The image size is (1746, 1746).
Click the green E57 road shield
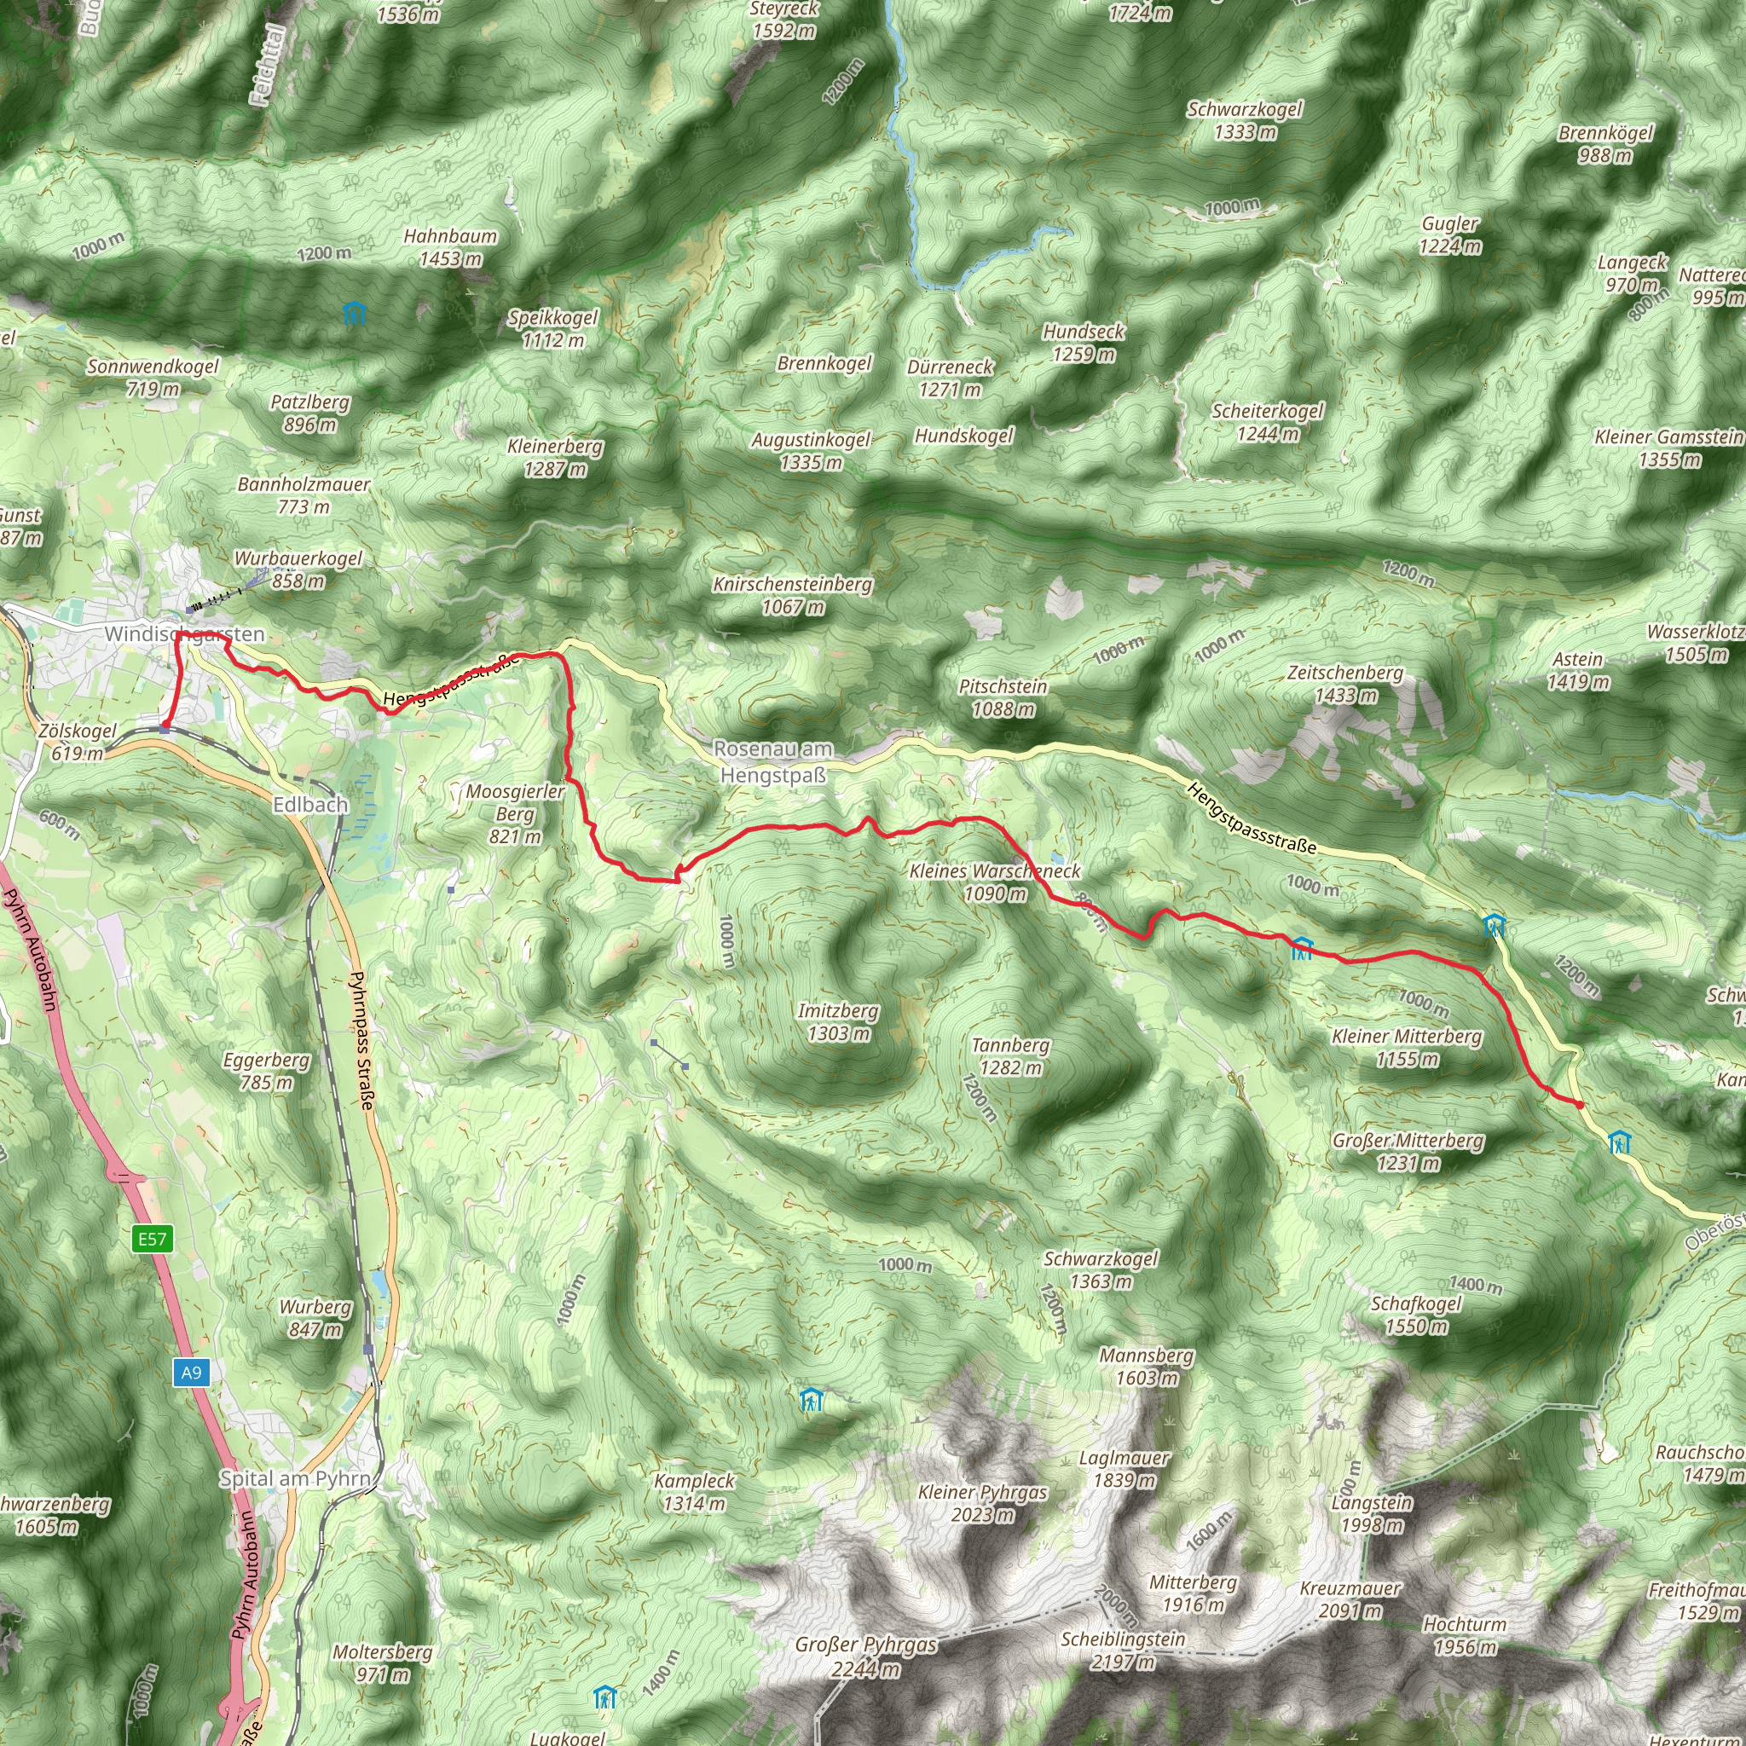pos(152,1238)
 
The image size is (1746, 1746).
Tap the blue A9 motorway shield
pos(191,1373)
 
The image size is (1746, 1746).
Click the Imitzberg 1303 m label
pos(838,1021)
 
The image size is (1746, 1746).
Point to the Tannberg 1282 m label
pos(1009,1056)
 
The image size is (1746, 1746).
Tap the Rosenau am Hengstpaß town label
pos(772,762)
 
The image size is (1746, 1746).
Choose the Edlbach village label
pos(310,803)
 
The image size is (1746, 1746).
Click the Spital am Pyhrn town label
pos(296,1478)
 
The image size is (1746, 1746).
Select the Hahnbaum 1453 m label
pos(450,247)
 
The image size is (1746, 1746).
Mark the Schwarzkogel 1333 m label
pos(1245,120)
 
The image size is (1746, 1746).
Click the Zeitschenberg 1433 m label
pos(1344,683)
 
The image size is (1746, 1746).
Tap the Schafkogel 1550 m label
pos(1415,1315)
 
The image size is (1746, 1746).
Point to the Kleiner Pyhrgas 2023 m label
pos(982,1503)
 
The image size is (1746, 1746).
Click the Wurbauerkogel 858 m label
pos(298,569)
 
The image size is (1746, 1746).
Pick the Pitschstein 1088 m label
pos(1003,697)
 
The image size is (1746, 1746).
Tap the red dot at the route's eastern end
pos(1579,1104)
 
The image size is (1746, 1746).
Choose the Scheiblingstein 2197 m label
pos(1122,1650)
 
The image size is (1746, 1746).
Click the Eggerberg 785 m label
pos(267,1071)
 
